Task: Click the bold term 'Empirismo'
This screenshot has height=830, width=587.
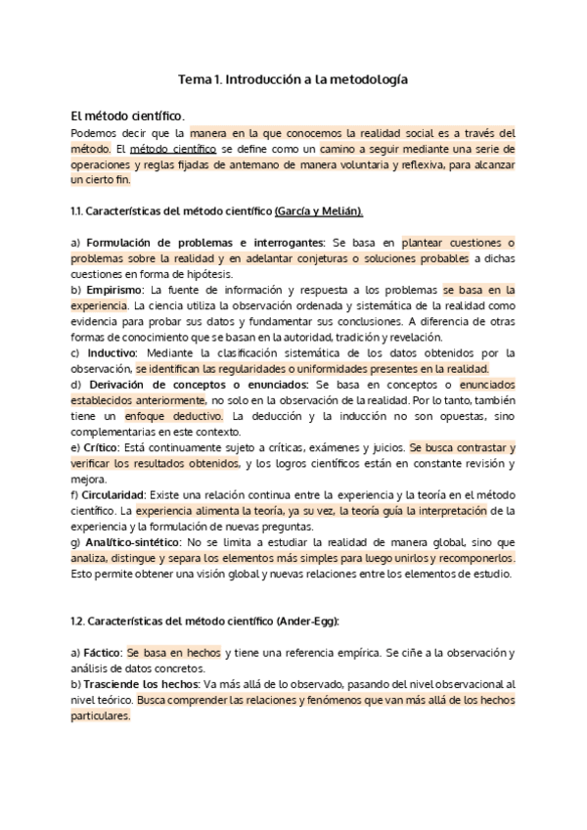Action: pyautogui.click(x=113, y=290)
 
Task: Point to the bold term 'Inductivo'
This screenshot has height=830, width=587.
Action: pyautogui.click(x=111, y=352)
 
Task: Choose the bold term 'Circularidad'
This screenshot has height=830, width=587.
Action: pyautogui.click(x=113, y=494)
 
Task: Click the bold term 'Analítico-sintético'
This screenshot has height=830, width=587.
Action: pyautogui.click(x=132, y=542)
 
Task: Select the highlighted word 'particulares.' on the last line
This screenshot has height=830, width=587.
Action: pyautogui.click(x=101, y=716)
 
